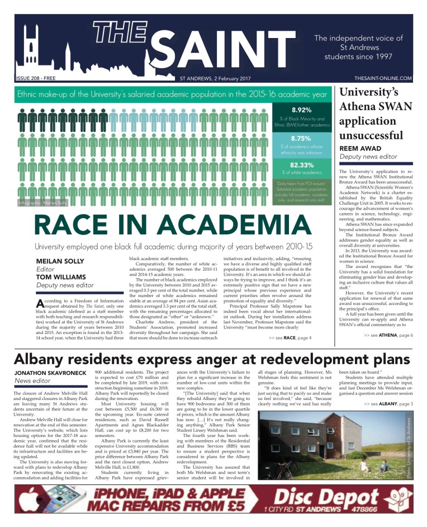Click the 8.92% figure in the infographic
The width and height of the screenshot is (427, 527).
click(302, 109)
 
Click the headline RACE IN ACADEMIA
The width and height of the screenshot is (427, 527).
click(173, 224)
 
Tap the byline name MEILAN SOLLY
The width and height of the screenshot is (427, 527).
click(60, 261)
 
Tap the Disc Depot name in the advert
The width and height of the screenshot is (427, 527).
click(319, 497)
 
